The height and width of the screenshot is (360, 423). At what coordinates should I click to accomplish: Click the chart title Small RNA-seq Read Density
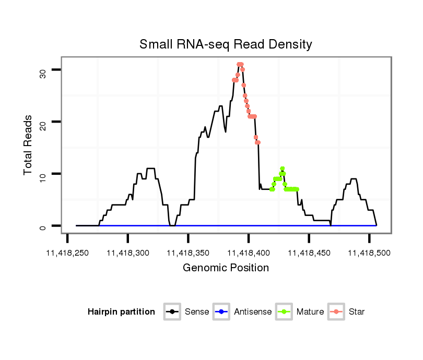coord(226,44)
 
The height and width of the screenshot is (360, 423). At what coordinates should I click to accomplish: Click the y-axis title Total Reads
coord(29,145)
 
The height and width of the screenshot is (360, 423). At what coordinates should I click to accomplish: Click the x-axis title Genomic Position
coord(226,268)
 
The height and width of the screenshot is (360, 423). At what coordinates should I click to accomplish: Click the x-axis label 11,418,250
coord(68,253)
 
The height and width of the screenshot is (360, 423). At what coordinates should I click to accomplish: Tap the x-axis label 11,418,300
coord(128,253)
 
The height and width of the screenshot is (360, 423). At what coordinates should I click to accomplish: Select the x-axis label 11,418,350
coord(189,253)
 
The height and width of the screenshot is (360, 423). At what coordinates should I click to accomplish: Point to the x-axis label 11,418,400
coord(249,253)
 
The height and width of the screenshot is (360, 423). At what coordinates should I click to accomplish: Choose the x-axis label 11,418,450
coord(309,253)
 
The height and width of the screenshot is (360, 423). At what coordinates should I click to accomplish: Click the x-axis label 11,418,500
coord(369,253)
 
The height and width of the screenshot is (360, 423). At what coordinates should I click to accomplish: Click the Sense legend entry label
coord(197,312)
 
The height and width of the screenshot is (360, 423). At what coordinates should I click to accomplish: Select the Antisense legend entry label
coord(253,312)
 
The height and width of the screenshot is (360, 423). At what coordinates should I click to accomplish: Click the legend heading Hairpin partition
coord(121,312)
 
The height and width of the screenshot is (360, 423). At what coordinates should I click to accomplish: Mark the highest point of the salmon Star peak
coord(240,65)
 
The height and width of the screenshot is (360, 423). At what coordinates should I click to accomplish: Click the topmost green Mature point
coord(282,169)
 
